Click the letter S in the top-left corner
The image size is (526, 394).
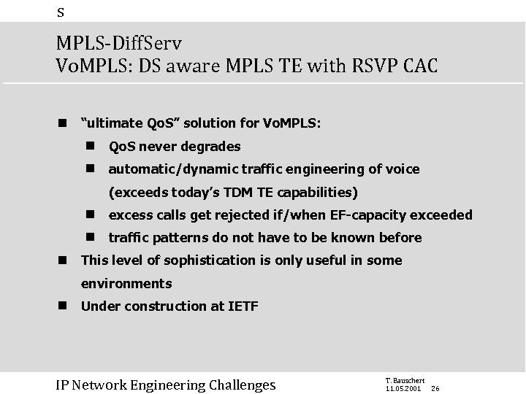(61, 11)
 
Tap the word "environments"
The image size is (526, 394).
(126, 283)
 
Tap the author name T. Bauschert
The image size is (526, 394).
(404, 379)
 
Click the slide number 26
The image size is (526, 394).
(436, 388)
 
